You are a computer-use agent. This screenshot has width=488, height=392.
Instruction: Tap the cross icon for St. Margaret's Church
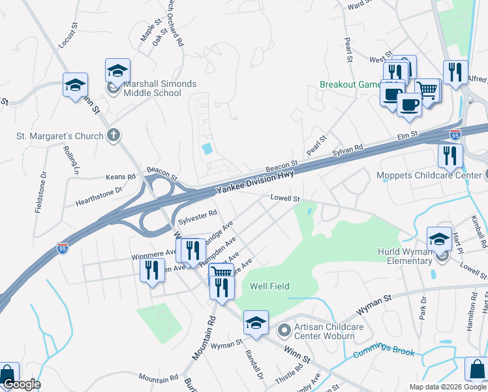click(x=114, y=136)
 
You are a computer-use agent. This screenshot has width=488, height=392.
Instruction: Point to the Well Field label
click(x=269, y=286)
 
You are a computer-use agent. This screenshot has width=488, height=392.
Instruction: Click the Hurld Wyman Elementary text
click(x=405, y=256)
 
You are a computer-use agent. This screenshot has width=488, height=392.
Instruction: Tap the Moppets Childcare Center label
click(x=429, y=175)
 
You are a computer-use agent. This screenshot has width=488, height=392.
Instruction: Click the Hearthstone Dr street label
click(x=99, y=193)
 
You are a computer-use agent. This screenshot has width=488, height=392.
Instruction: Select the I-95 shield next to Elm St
click(x=455, y=135)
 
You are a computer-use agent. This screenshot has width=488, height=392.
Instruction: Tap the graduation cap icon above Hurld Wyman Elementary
click(x=439, y=239)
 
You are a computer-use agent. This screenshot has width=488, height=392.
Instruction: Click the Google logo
click(x=21, y=385)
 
